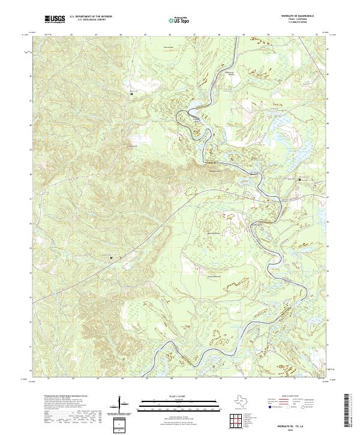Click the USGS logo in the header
tap(54, 20)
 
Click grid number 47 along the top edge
tap(196, 35)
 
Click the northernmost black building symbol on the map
tap(131, 94)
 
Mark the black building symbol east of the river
tap(300, 179)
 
